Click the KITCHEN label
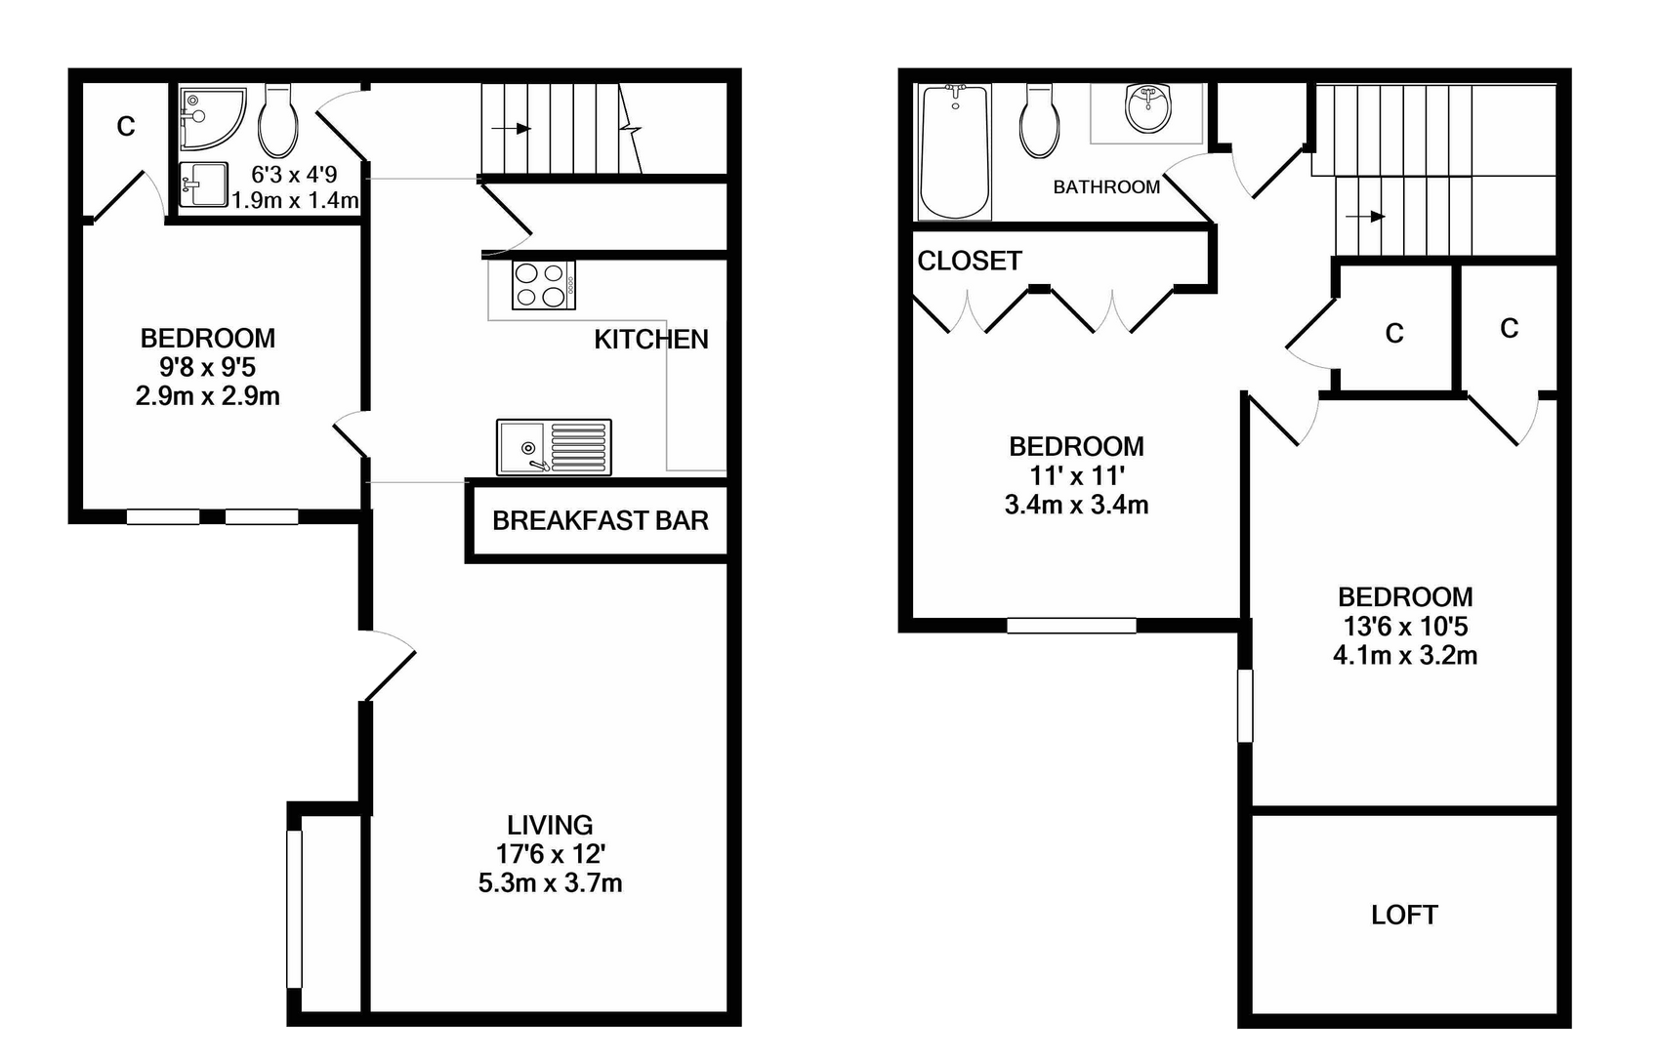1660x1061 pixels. point(651,340)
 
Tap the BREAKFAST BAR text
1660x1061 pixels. point(601,521)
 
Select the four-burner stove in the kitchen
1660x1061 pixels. point(544,285)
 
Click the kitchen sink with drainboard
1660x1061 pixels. point(555,447)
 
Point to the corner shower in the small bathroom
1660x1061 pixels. point(211,118)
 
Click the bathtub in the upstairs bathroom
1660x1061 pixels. point(955,152)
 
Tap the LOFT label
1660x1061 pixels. point(1404,915)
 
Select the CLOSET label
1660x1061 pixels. point(970,261)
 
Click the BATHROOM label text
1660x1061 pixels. point(1106,187)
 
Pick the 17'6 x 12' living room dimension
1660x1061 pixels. point(550,854)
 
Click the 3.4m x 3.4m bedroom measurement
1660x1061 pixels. point(1076,506)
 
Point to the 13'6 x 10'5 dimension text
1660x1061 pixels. point(1405,627)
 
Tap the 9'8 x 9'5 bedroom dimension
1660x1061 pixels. point(207,368)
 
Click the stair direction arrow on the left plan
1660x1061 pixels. point(512,129)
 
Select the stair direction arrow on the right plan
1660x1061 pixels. point(1365,217)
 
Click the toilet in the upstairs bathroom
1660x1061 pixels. point(1039,121)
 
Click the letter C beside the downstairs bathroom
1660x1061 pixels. point(126,127)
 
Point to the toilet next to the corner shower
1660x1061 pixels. point(278,121)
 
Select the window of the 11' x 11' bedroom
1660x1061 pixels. point(1071,626)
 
